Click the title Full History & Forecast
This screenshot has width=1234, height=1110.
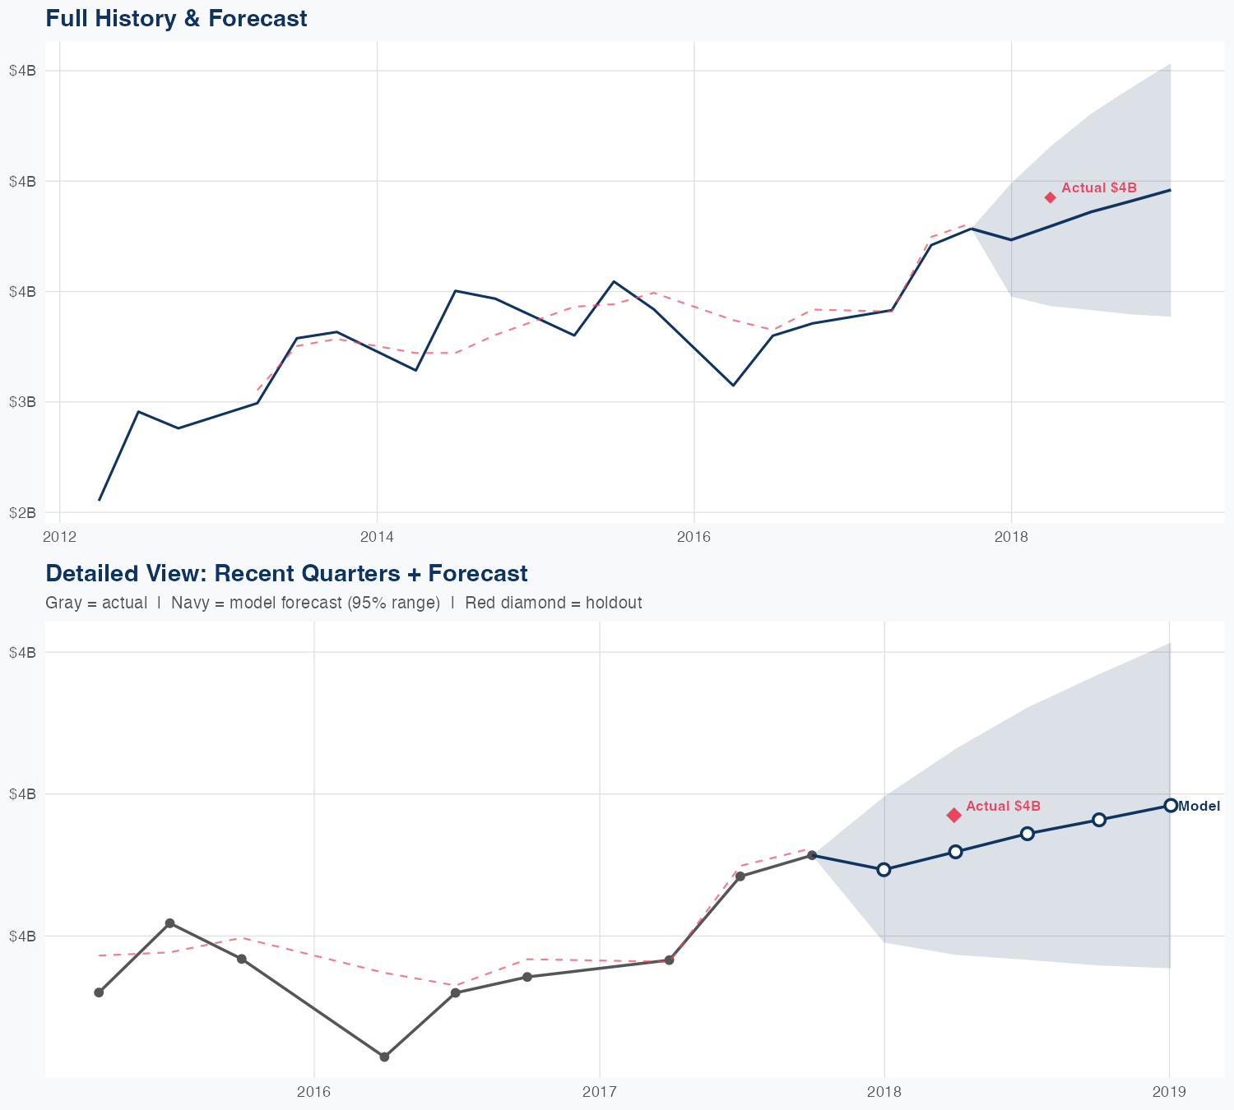click(176, 18)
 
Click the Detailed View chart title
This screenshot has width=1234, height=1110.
click(286, 573)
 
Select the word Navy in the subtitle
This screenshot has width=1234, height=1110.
click(188, 603)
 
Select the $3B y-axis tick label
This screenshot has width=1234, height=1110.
click(22, 402)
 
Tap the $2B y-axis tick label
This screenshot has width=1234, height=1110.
click(22, 512)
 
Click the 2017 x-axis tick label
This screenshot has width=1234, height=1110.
click(599, 1092)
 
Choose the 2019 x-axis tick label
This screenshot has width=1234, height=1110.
click(1169, 1092)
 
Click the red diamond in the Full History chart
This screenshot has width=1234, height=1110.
click(1051, 197)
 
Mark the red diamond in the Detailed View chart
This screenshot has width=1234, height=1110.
click(954, 815)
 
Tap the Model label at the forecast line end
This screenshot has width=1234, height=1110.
click(1199, 806)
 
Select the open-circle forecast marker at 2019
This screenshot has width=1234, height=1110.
click(1170, 805)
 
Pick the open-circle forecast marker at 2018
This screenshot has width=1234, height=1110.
click(884, 870)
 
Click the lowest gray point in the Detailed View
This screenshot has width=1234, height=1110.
click(384, 1057)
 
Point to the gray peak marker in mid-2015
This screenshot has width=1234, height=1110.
click(170, 923)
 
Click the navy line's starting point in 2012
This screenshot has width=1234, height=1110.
click(100, 499)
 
